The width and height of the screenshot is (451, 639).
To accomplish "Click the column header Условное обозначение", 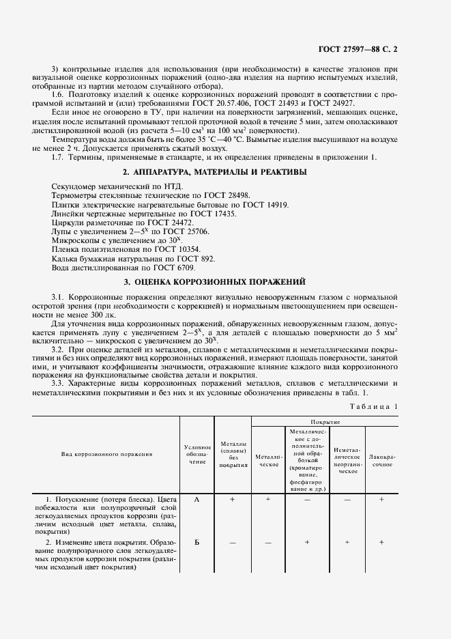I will pyautogui.click(x=197, y=453).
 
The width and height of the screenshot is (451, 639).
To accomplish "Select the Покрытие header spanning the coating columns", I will pyautogui.click(x=324, y=422).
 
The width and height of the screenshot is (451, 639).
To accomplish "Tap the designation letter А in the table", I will pyautogui.click(x=197, y=500).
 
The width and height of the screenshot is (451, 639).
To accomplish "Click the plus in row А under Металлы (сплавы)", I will pyautogui.click(x=232, y=500).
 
